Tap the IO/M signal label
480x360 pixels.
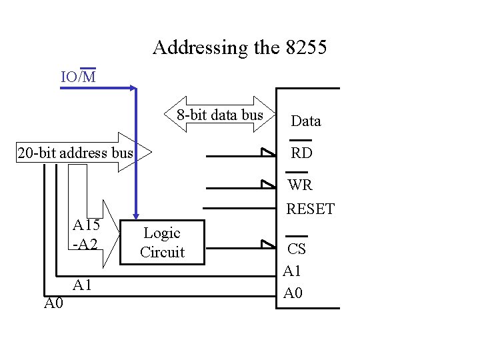click(x=78, y=77)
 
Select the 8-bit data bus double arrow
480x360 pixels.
click(x=220, y=115)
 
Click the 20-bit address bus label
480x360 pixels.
click(x=75, y=153)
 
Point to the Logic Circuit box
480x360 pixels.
click(x=162, y=242)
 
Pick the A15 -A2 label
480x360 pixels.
click(x=86, y=234)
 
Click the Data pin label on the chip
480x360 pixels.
click(x=306, y=121)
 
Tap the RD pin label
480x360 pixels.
click(x=301, y=153)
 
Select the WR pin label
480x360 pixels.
click(x=301, y=184)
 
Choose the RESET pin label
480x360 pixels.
click(x=310, y=209)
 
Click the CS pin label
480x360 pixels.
click(x=297, y=249)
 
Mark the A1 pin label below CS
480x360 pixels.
click(x=293, y=271)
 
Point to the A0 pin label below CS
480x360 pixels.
click(x=293, y=293)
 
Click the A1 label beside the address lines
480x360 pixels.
click(x=83, y=285)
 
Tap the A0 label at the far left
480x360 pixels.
click(x=53, y=304)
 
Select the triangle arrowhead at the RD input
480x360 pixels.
click(x=267, y=153)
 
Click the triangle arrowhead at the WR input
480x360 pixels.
click(x=267, y=184)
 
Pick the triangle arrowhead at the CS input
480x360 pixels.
click(x=267, y=245)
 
